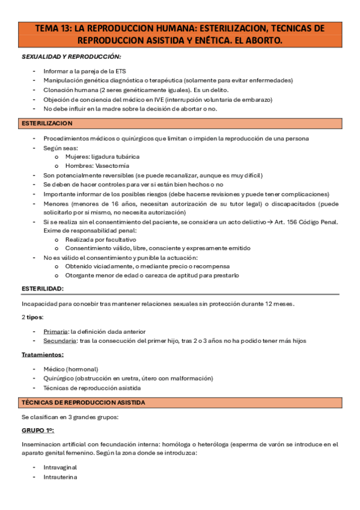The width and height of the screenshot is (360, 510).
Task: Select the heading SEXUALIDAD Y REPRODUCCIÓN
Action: click(71, 57)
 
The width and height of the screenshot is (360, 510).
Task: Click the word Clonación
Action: click(59, 90)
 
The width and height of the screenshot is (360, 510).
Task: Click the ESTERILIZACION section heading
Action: click(47, 123)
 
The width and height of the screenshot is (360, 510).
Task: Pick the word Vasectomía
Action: click(112, 166)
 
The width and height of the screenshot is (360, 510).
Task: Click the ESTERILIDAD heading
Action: click(43, 289)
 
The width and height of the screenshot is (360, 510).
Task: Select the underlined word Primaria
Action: click(56, 331)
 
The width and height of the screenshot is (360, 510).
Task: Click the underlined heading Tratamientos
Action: click(43, 355)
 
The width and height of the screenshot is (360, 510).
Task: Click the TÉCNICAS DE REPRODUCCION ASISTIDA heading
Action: click(84, 402)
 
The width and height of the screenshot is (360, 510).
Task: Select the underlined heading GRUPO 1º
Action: click(38, 431)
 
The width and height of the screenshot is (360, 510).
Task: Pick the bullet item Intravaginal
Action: click(60, 467)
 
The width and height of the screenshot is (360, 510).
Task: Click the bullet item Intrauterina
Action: click(60, 477)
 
